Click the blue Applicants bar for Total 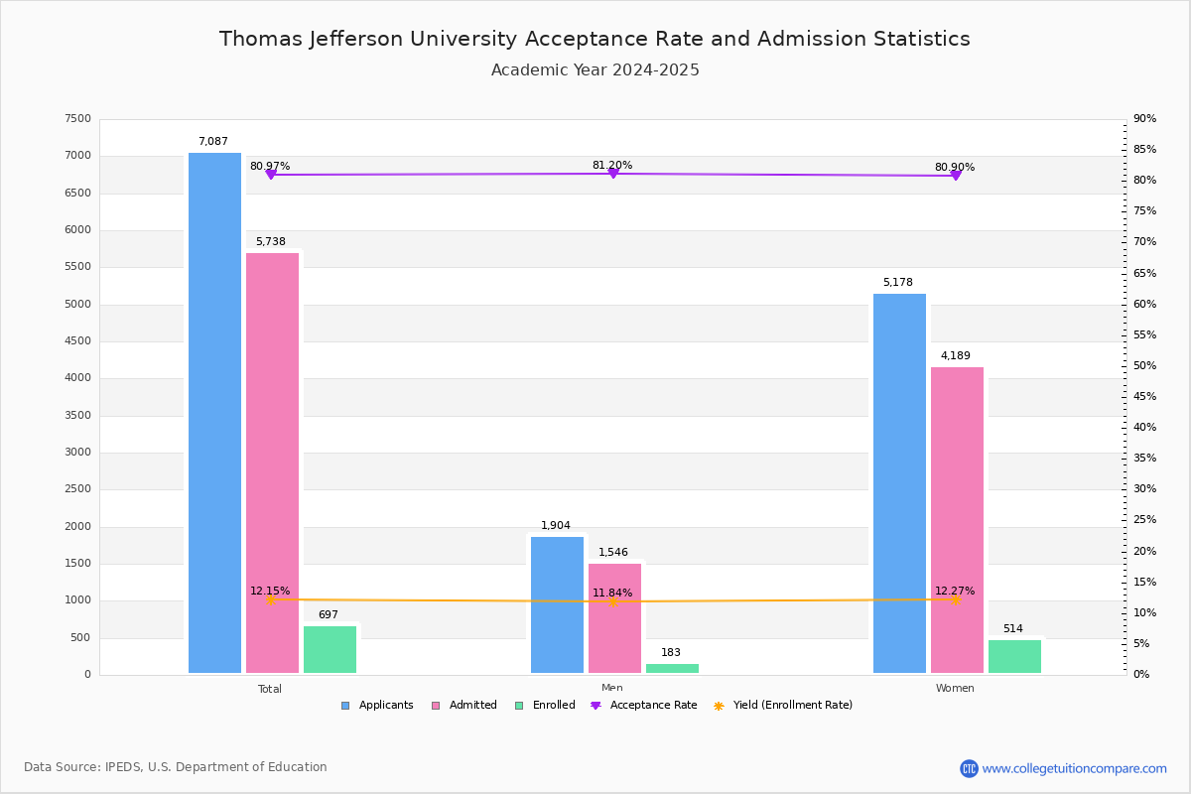(214, 413)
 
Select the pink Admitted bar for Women (957, 520)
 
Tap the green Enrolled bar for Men (672, 668)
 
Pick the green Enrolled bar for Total (330, 649)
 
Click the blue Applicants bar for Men (557, 604)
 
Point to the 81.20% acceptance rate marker (612, 174)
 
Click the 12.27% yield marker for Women (955, 599)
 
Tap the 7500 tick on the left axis (77, 119)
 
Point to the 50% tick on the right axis (1144, 366)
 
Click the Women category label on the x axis (955, 689)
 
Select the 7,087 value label (212, 142)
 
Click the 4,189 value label (955, 356)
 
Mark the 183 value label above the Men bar (671, 653)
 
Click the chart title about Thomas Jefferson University (595, 39)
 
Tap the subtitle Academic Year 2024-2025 (595, 70)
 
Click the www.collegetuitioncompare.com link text (1074, 768)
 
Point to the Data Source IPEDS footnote (176, 767)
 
